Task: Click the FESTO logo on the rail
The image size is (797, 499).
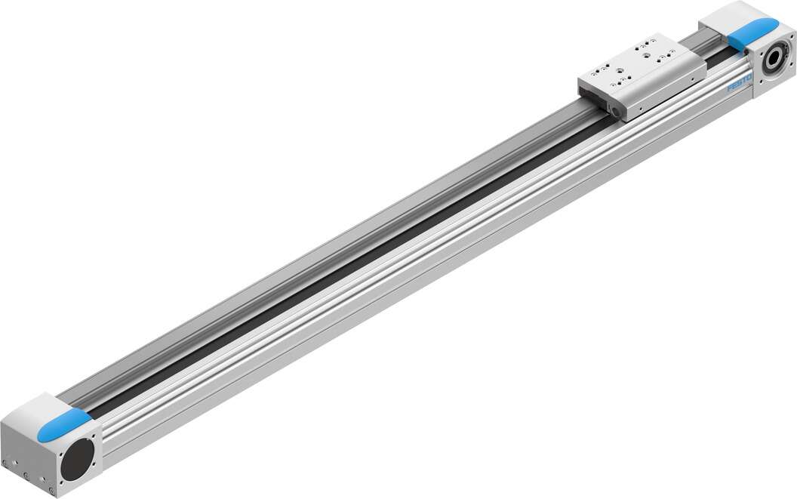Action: click(x=737, y=87)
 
